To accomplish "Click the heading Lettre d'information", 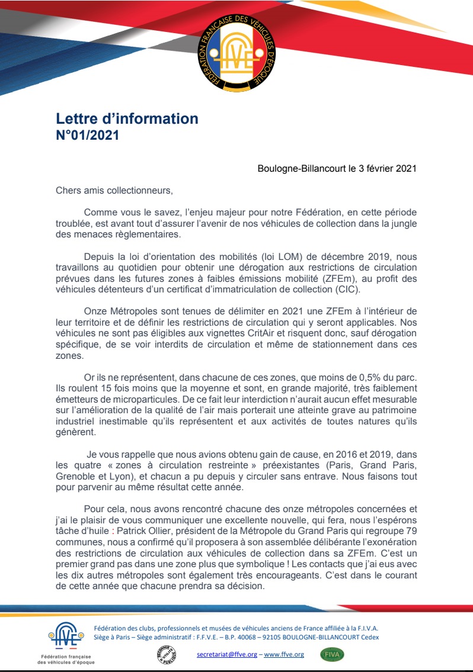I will [127, 118].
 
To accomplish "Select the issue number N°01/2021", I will [87, 135].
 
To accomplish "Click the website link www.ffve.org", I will [284, 654].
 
